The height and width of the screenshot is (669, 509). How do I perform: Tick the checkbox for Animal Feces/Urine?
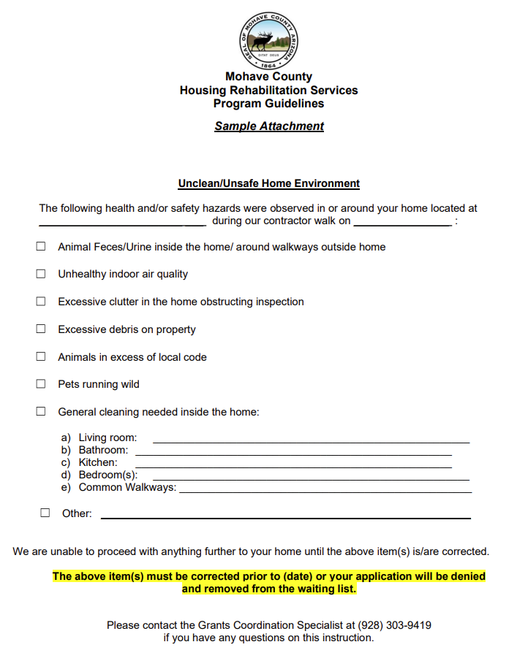tap(41, 247)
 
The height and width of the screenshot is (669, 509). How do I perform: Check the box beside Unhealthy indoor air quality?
tap(41, 274)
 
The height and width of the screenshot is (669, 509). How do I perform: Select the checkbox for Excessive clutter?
tap(41, 302)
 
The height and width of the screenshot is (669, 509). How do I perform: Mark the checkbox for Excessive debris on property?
tap(41, 329)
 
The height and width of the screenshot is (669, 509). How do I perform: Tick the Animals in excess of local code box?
tap(41, 357)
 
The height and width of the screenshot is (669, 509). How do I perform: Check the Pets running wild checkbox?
tap(41, 384)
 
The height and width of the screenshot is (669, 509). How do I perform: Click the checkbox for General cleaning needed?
tap(41, 412)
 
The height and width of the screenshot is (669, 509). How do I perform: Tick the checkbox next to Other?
tap(45, 513)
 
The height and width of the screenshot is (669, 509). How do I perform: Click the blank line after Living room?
tap(310, 441)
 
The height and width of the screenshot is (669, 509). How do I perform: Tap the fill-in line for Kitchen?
tap(293, 466)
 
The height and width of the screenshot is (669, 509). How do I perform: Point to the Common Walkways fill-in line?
tap(325, 491)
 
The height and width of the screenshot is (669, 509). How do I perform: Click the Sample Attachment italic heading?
tap(269, 126)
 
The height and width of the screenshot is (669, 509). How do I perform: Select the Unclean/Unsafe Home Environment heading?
tap(269, 184)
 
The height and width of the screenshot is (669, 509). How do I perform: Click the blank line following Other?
tap(285, 517)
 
